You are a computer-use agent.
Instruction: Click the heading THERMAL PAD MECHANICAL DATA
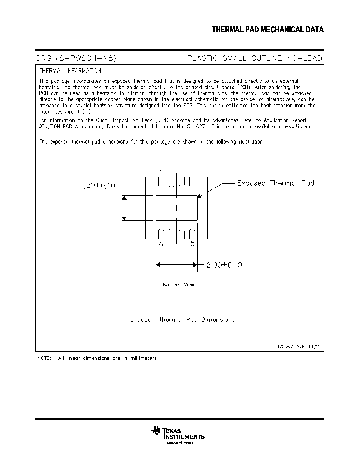[x=267, y=29]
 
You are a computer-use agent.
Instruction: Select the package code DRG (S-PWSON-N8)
[x=76, y=58]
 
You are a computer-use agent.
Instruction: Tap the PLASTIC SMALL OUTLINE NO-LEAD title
[x=255, y=58]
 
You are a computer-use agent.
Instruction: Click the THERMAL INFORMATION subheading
[x=71, y=71]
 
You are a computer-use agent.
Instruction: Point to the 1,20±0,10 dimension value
[x=97, y=186]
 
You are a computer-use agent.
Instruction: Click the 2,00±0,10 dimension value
[x=224, y=265]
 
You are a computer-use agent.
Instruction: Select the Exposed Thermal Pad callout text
[x=276, y=183]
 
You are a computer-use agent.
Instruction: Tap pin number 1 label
[x=161, y=173]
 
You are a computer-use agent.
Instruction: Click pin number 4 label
[x=192, y=173]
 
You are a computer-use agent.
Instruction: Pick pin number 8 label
[x=161, y=244]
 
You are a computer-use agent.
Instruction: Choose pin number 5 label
[x=193, y=244]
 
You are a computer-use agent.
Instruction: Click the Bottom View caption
[x=178, y=285]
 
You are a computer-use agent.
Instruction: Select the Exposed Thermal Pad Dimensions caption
[x=182, y=319]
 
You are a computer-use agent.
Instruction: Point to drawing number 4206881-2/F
[x=291, y=346]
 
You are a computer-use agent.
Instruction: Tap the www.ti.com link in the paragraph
[x=298, y=127]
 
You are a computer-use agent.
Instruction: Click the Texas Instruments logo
[x=178, y=435]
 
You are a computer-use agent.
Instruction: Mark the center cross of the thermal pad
[x=176, y=208]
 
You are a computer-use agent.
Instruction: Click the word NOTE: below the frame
[x=44, y=358]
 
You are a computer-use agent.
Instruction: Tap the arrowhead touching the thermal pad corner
[x=199, y=196]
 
